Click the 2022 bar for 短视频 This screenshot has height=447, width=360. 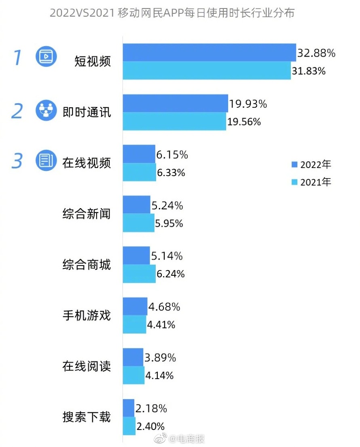209,53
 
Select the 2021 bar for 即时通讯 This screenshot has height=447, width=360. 174,121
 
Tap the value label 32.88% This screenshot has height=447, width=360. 316,53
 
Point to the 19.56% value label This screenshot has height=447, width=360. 244,122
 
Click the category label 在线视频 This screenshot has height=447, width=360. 87,163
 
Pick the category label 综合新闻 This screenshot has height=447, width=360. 87,214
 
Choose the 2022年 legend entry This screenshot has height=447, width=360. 311,164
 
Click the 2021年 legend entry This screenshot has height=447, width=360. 311,182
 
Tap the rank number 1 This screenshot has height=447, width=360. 17,57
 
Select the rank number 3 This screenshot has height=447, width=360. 17,161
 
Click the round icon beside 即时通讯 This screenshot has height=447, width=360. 46,110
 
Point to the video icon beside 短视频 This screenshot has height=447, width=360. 46,56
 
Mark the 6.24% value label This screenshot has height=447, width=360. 171,274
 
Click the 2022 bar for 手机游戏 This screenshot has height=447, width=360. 135,307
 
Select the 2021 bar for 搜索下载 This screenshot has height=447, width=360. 129,426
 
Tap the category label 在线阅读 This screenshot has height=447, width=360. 87,366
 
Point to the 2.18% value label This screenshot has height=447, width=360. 151,409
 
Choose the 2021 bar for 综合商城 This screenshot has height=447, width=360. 139,274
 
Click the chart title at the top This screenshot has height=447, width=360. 172,13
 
